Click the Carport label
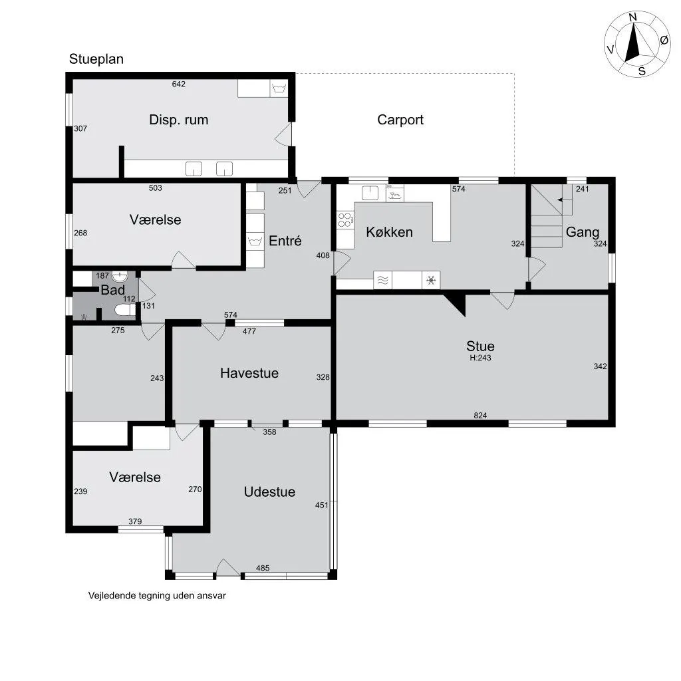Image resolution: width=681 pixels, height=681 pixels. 400,120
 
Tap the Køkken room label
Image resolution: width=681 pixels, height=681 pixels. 389,232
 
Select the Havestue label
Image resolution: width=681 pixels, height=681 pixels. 249,373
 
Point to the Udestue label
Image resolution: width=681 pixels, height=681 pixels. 269,491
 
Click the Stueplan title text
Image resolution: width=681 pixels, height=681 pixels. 96,59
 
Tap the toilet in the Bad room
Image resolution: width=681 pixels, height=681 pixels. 125,310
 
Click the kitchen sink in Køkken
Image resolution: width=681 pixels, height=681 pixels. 370,193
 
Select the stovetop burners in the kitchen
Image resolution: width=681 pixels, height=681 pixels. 345,219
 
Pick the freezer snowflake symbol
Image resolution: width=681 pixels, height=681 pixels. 431,280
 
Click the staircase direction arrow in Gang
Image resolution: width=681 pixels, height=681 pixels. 565,200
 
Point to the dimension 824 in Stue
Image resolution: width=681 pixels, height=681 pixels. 480,416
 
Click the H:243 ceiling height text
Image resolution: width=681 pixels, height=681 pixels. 480,358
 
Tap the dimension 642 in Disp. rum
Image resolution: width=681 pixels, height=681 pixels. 178,84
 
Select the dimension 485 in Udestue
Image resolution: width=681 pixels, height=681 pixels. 263,568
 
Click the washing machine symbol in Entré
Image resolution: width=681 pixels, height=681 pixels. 255,241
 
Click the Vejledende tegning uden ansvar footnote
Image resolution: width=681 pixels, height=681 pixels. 157,596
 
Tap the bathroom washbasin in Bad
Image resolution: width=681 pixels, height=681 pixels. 120,276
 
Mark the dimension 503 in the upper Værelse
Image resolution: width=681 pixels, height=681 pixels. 155,188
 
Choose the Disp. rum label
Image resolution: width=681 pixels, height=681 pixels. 178,120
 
